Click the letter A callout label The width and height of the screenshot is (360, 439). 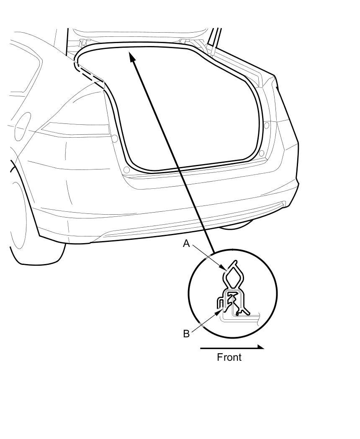(x=186, y=243)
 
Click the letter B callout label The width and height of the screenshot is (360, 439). (x=186, y=334)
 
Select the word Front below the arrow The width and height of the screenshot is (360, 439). (x=229, y=357)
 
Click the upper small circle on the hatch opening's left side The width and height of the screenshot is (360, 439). (x=114, y=138)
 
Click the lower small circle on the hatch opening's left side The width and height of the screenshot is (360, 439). (x=126, y=170)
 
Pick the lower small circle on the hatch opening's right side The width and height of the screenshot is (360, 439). (x=262, y=154)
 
